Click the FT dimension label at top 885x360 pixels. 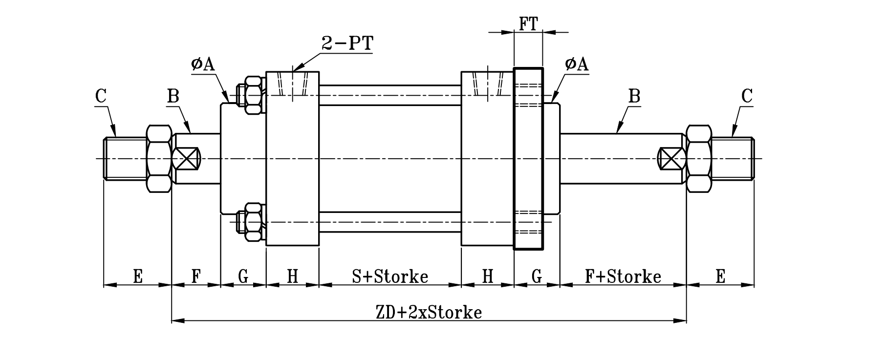coord(528,24)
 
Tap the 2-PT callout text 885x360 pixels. coord(347,43)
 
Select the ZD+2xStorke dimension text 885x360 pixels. coord(429,312)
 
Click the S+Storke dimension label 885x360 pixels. coord(390,276)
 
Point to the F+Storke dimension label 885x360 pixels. coord(623,276)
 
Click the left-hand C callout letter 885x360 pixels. coord(101,96)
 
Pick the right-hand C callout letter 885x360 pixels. coord(746,96)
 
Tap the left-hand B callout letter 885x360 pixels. coord(173,96)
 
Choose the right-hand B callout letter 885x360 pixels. coord(634,96)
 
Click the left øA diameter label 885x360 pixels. coord(203,64)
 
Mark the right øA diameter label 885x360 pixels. coord(576,64)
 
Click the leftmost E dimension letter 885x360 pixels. coord(138,276)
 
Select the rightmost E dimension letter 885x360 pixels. coord(720,276)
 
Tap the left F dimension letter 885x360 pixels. coord(195,276)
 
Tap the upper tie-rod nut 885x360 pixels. coord(253,95)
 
